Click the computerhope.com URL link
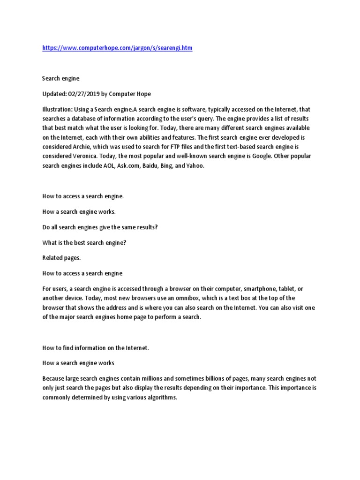(x=117, y=48)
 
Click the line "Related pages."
(x=61, y=258)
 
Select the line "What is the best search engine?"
(x=85, y=242)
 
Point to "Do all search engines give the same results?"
(x=100, y=227)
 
